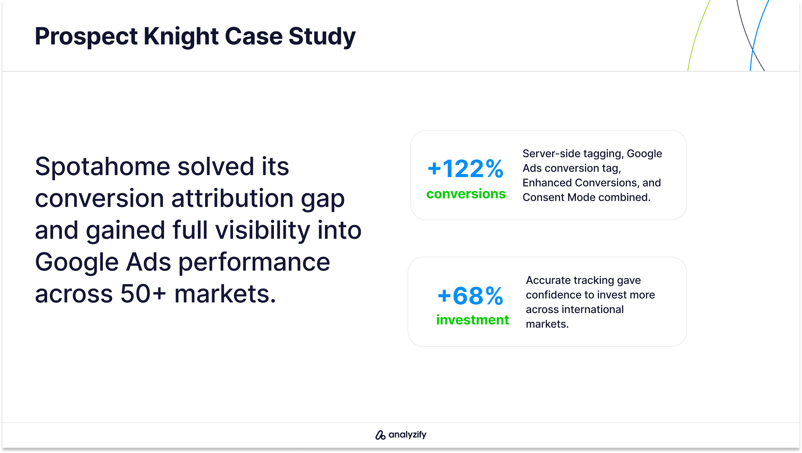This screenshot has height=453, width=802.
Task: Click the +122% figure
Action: click(465, 169)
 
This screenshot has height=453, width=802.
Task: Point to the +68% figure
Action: click(470, 296)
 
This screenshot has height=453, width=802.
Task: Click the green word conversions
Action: click(466, 194)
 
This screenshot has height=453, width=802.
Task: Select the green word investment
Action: click(472, 320)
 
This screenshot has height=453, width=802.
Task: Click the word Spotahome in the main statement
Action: click(103, 166)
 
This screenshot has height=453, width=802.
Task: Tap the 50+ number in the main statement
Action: click(143, 294)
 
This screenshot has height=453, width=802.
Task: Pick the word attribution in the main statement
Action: click(232, 198)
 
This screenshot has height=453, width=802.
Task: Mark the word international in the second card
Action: click(593, 309)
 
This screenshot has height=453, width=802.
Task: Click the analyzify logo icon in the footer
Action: click(380, 435)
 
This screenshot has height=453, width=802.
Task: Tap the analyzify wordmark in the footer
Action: click(407, 435)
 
